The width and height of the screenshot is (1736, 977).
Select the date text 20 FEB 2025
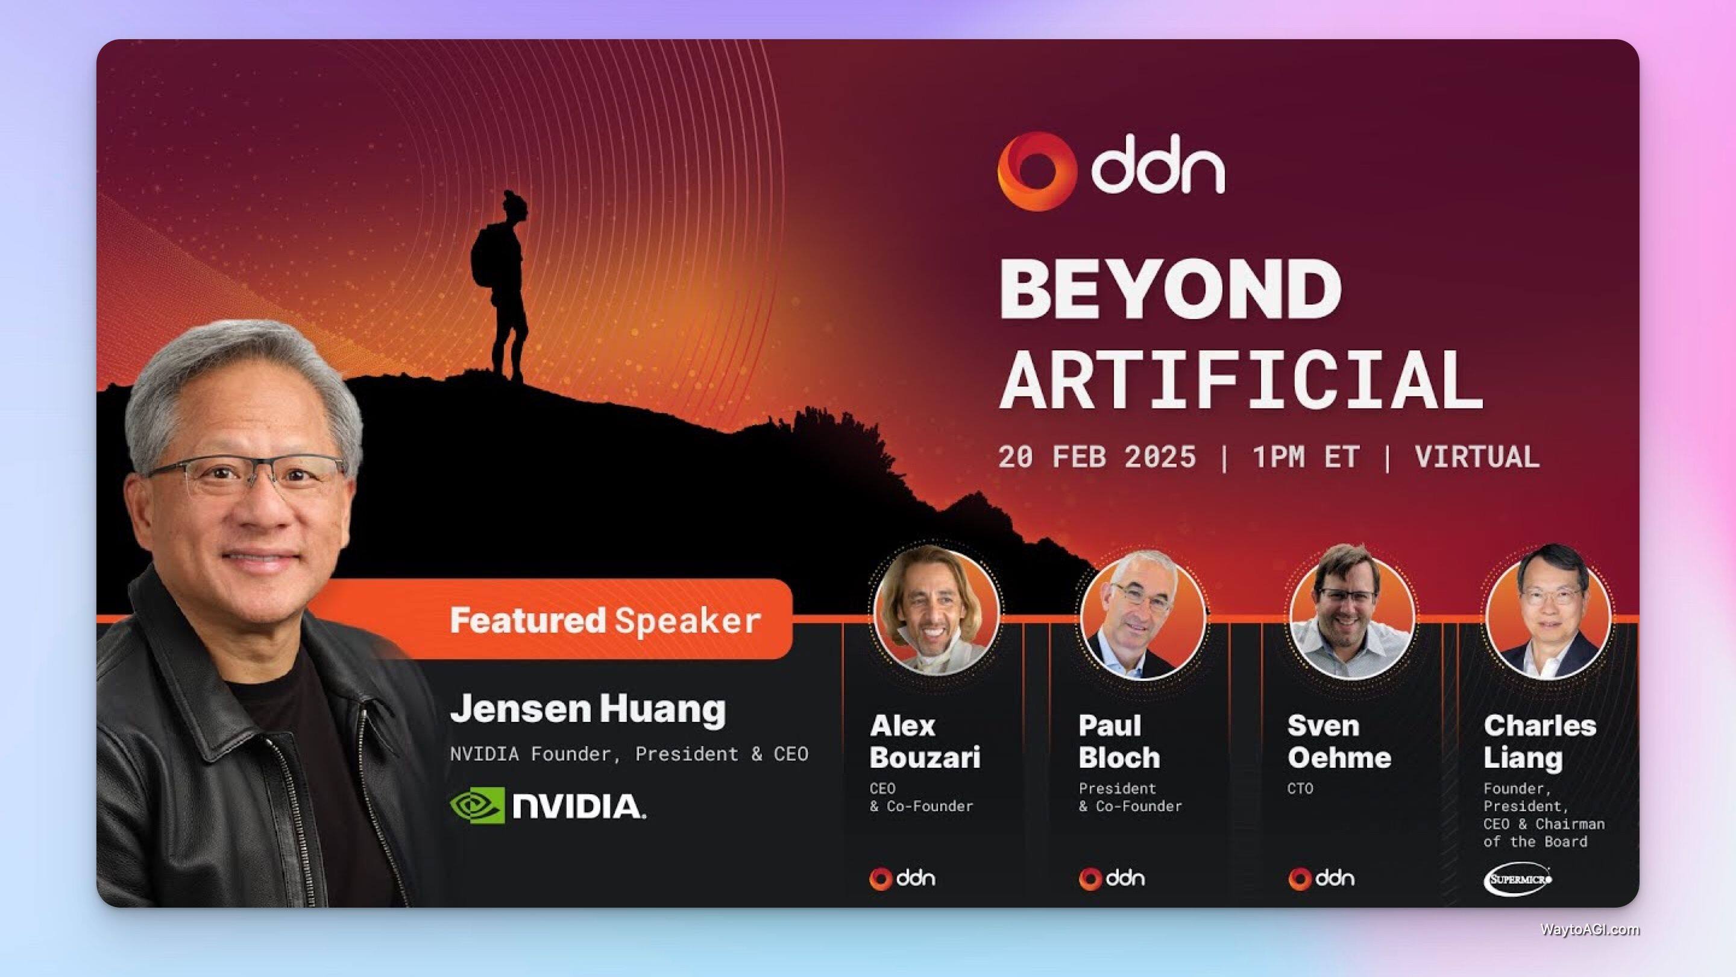[1096, 457]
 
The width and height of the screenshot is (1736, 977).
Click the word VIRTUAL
[1477, 457]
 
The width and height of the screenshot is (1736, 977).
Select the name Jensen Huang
[588, 709]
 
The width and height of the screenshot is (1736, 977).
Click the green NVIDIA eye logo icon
[476, 806]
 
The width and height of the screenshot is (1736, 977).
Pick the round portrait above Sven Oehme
[1351, 613]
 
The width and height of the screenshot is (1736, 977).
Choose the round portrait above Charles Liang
[1549, 613]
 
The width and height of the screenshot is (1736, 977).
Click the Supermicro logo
[1518, 879]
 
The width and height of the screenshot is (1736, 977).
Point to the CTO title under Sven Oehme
[1300, 788]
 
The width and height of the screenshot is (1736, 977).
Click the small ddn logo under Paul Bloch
[1112, 879]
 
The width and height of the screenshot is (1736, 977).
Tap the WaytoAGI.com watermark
[1590, 929]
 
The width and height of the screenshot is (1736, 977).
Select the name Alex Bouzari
[925, 742]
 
